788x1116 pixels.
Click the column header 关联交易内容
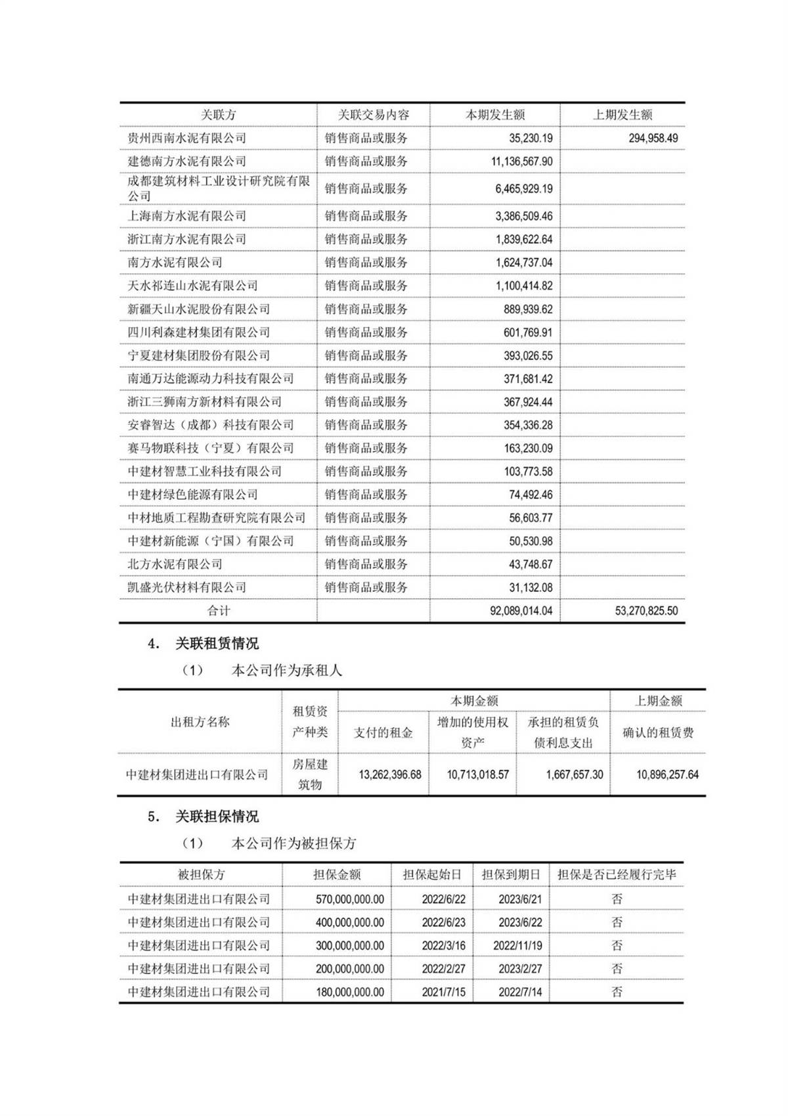coord(373,115)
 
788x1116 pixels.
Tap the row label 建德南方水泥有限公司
coord(187,162)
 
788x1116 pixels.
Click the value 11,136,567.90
coord(521,162)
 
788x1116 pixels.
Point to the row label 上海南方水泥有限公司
coord(187,216)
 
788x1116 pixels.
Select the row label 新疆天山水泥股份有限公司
coord(198,309)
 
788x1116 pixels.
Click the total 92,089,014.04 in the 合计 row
coord(521,611)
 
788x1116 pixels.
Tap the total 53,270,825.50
coord(646,611)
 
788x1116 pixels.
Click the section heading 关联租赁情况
coord(217,644)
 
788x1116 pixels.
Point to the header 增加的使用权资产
coord(473,732)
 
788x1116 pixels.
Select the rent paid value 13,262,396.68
coord(389,775)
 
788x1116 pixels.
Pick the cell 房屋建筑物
coord(310,774)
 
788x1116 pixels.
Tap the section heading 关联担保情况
coord(217,817)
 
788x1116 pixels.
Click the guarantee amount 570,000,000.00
coord(349,899)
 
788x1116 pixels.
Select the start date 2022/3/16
coord(443,946)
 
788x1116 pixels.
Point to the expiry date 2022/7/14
coord(520,992)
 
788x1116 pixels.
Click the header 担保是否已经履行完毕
coord(617,875)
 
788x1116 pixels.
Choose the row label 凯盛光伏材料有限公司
coord(187,588)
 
